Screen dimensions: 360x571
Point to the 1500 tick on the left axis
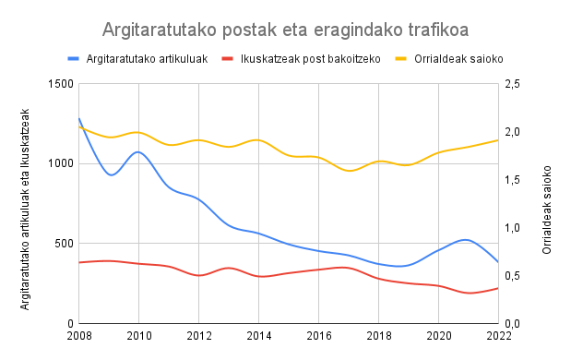click(61, 84)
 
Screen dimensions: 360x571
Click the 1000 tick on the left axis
click(61, 164)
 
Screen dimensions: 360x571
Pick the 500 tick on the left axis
click(64, 244)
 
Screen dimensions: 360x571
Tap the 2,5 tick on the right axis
click(515, 84)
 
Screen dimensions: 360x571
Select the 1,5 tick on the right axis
click(515, 180)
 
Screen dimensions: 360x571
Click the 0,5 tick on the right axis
click(515, 276)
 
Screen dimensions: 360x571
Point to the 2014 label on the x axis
click(259, 335)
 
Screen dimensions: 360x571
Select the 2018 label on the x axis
click(379, 335)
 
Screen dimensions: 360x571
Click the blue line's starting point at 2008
click(79, 119)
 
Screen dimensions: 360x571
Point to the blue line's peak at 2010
click(138, 152)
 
